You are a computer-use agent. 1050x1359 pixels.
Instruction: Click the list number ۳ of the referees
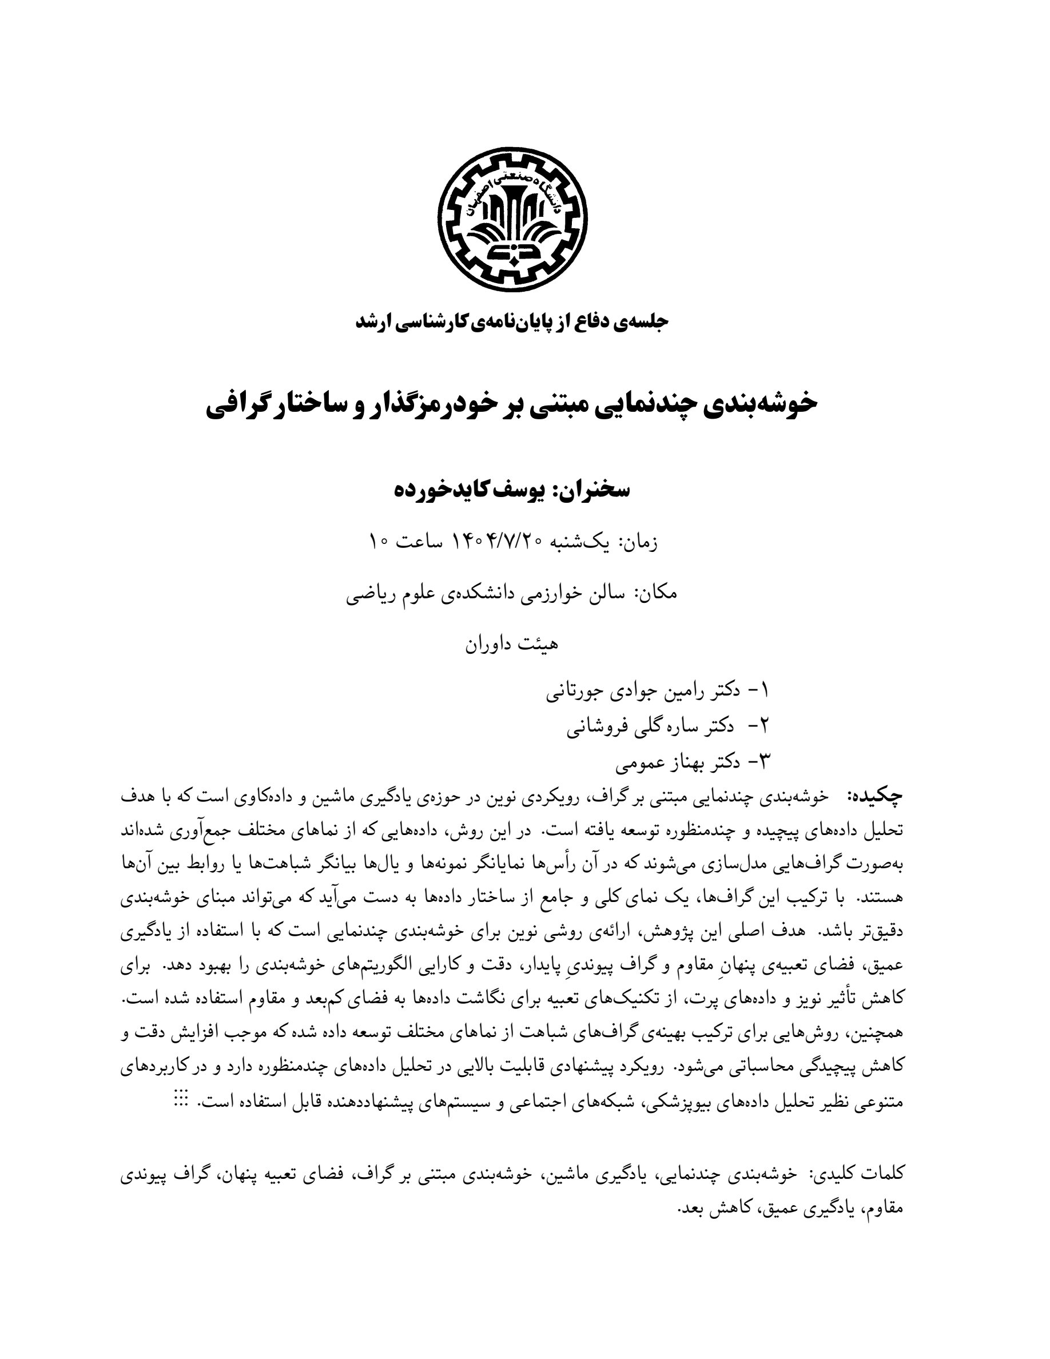pyautogui.click(x=765, y=761)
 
